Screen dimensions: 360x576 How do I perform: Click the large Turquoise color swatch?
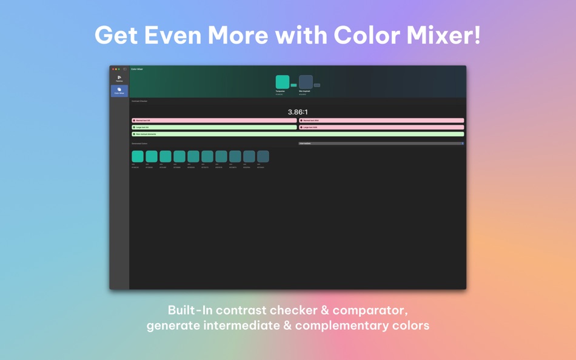(283, 82)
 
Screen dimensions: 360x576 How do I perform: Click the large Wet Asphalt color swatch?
(306, 82)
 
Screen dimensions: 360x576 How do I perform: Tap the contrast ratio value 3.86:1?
(298, 112)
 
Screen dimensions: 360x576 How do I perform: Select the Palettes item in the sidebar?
(119, 78)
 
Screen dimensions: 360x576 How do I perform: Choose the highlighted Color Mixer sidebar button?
(119, 91)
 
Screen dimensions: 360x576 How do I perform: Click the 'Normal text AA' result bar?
(215, 121)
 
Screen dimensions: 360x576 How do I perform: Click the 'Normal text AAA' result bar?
(382, 121)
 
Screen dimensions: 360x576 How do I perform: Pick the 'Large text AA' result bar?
(215, 127)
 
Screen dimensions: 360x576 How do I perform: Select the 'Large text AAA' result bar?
(382, 127)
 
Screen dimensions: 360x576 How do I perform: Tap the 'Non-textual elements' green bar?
(298, 134)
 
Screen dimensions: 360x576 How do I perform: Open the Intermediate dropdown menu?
(381, 144)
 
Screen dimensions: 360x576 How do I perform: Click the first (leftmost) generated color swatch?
(138, 156)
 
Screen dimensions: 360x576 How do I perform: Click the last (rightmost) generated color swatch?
(263, 156)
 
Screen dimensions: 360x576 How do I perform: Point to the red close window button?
(113, 69)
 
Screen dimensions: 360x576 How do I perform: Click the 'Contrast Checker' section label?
(139, 101)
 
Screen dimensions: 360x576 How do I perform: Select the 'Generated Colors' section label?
(139, 144)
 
